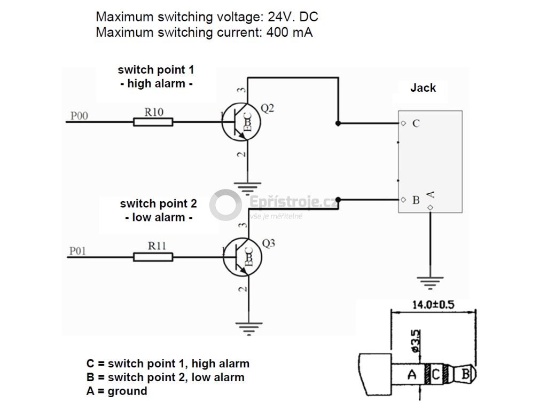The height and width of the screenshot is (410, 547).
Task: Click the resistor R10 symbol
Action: (x=153, y=122)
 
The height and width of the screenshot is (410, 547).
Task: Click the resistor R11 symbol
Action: (x=153, y=257)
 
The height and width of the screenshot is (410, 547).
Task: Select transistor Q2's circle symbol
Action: (x=241, y=122)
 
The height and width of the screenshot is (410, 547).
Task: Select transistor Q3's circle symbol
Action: (x=241, y=257)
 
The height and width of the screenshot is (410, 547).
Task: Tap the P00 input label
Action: (x=79, y=115)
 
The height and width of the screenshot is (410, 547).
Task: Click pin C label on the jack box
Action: (x=416, y=123)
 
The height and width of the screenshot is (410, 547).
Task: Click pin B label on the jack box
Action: (x=416, y=201)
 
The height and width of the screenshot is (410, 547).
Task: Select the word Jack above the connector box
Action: (x=423, y=88)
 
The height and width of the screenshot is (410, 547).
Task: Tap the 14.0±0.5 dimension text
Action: (x=433, y=305)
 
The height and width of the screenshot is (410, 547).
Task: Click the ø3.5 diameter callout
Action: (x=417, y=339)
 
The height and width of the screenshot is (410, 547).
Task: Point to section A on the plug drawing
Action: (x=411, y=374)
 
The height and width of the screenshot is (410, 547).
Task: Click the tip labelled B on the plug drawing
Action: (x=465, y=374)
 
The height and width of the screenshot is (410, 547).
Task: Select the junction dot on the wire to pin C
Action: (x=338, y=123)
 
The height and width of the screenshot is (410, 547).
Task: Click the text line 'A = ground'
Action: (x=116, y=391)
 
